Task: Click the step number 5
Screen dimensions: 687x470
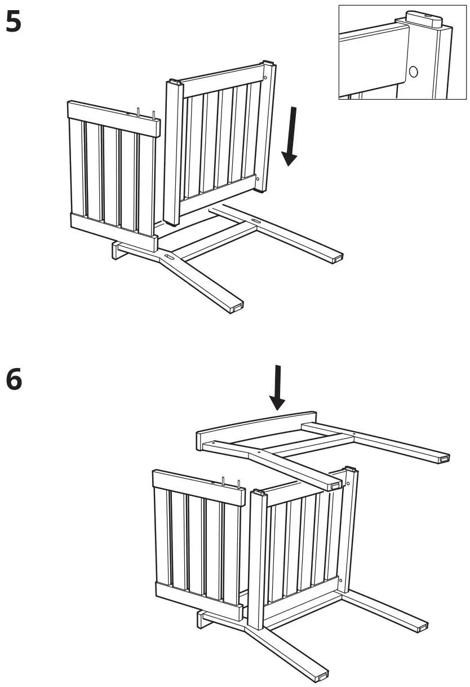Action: [x=14, y=23]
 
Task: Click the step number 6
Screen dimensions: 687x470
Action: [x=14, y=379]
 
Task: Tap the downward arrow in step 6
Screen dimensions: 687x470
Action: [x=277, y=389]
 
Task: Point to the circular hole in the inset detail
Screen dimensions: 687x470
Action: [x=413, y=72]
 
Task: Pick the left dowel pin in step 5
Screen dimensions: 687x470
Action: [x=139, y=111]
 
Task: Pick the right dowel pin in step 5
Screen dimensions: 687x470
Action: [x=153, y=114]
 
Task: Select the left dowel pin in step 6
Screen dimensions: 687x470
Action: [x=224, y=481]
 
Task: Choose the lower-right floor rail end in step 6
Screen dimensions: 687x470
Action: [x=420, y=626]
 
